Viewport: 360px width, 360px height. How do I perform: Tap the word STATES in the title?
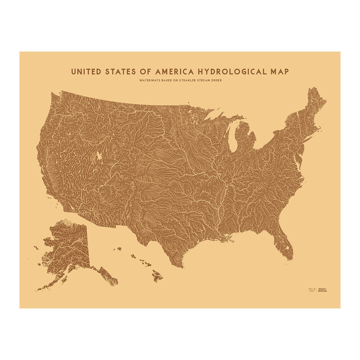tap(121, 72)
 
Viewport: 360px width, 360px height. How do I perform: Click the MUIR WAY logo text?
tap(312, 289)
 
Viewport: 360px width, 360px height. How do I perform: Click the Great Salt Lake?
tap(98, 156)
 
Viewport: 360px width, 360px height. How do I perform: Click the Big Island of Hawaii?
tap(157, 275)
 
